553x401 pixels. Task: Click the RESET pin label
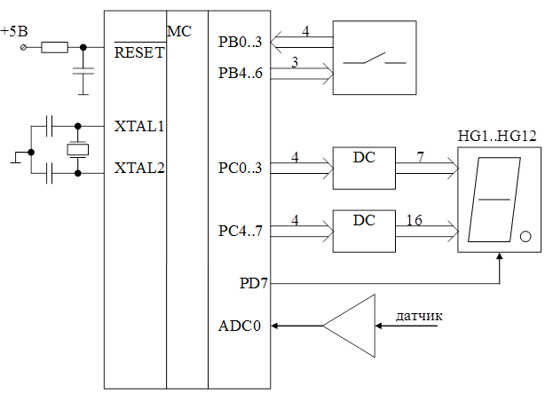point(139,52)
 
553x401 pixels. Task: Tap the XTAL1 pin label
point(139,126)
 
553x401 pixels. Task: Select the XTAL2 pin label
point(139,167)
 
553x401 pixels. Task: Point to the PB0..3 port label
point(240,43)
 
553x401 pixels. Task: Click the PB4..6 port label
point(240,72)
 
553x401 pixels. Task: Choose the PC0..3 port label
point(240,167)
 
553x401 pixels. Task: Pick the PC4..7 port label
point(240,232)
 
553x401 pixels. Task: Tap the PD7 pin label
point(253,285)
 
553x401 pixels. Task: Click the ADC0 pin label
point(240,326)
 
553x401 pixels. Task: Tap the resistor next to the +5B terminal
point(55,47)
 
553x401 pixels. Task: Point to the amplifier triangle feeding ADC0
point(350,326)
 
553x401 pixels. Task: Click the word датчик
point(419,315)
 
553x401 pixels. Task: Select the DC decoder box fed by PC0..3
point(364,167)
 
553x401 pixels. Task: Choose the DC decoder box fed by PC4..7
point(364,231)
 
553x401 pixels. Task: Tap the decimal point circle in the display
point(525,237)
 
